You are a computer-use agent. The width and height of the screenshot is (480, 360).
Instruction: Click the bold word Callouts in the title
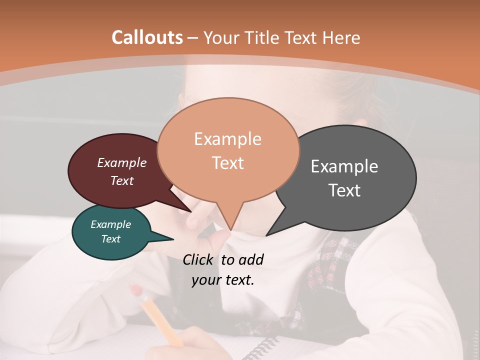pyautogui.click(x=147, y=37)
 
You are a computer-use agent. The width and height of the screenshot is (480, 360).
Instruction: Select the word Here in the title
pyautogui.click(x=340, y=37)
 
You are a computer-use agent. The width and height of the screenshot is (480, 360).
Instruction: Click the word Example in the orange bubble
pyautogui.click(x=227, y=139)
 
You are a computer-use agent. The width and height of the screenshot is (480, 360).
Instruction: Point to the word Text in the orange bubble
pyautogui.click(x=227, y=163)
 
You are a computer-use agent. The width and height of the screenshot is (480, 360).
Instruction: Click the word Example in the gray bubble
pyautogui.click(x=344, y=166)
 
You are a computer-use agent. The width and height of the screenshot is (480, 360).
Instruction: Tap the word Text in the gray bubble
pyautogui.click(x=344, y=190)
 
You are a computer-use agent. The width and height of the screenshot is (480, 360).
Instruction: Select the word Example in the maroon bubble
pyautogui.click(x=121, y=163)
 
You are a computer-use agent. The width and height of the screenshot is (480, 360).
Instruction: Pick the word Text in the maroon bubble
pyautogui.click(x=122, y=180)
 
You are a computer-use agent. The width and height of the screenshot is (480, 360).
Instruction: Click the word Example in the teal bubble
pyautogui.click(x=110, y=224)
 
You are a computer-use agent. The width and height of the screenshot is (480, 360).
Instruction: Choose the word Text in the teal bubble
pyautogui.click(x=110, y=239)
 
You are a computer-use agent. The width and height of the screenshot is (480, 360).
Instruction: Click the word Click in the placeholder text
pyautogui.click(x=199, y=259)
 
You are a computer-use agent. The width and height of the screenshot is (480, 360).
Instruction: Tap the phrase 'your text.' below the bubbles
pyautogui.click(x=222, y=280)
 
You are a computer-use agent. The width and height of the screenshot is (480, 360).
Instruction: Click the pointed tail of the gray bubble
pyautogui.click(x=272, y=231)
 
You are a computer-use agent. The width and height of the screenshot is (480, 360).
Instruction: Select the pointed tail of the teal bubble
pyautogui.click(x=167, y=238)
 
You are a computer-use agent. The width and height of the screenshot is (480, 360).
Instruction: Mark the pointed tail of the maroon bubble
pyautogui.click(x=185, y=208)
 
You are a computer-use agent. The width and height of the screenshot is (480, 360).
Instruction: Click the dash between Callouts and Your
pyautogui.click(x=193, y=38)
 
